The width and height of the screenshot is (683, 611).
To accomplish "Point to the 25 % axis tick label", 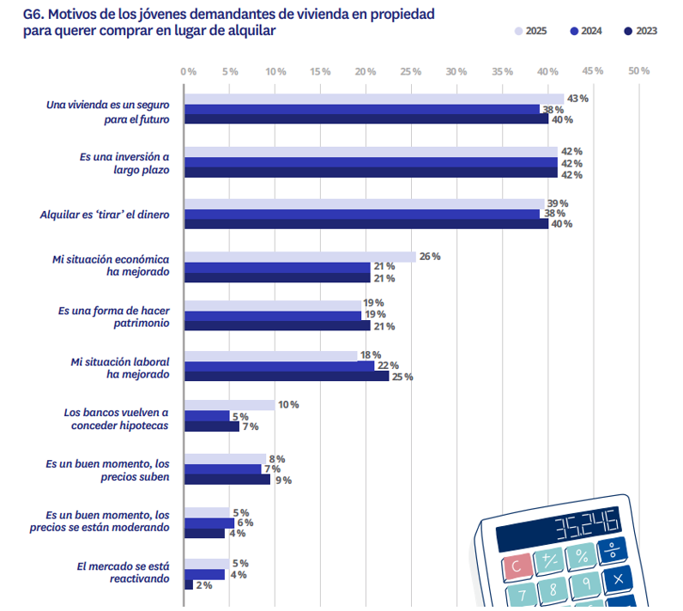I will [x=411, y=71].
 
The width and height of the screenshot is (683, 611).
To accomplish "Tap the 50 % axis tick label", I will [x=638, y=71].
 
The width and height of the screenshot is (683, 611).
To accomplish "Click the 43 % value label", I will [x=577, y=99].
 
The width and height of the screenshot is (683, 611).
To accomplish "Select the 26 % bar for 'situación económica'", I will [x=300, y=257].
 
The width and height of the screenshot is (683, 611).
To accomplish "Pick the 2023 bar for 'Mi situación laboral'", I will [x=287, y=375].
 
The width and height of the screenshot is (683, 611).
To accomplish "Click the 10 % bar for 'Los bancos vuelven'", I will [x=230, y=405].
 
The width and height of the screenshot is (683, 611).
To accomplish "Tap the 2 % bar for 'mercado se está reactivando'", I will [x=189, y=584].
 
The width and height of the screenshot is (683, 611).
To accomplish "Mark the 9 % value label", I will [x=282, y=480].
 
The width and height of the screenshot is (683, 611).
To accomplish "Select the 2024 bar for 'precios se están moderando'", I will [x=209, y=523].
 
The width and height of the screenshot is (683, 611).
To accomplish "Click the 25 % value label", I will [x=403, y=376].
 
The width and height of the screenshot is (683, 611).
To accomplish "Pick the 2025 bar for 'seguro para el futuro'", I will [x=374, y=99].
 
